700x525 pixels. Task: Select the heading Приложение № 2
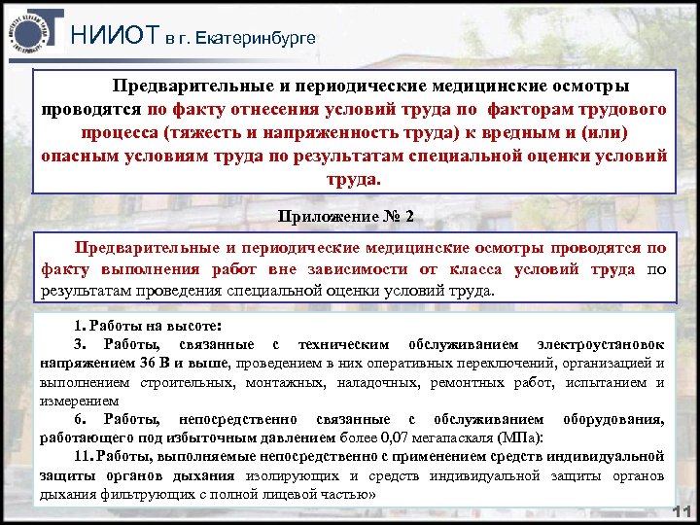(345, 216)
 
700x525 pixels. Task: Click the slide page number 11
(682, 513)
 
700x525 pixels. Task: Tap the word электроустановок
(600, 345)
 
